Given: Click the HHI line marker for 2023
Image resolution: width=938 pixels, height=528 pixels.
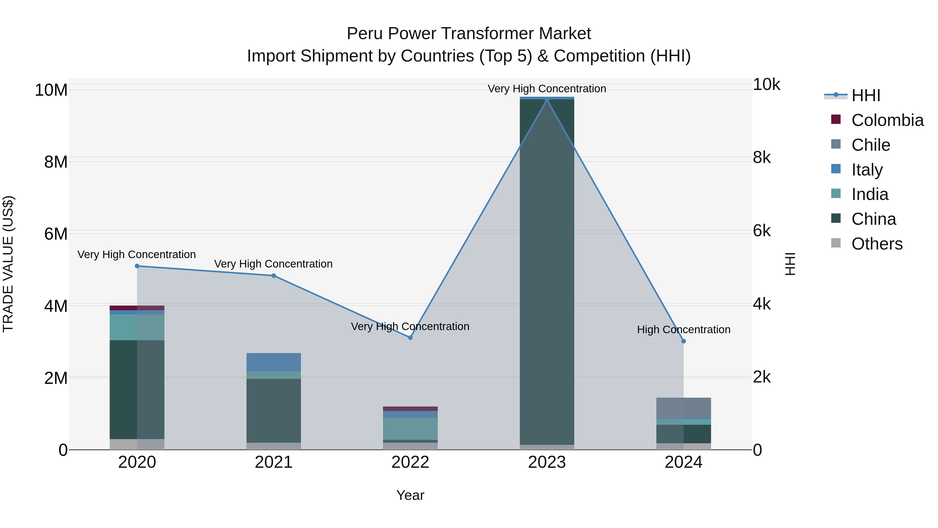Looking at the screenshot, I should [547, 100].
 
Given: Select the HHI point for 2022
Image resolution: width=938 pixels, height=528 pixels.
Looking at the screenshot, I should [410, 338].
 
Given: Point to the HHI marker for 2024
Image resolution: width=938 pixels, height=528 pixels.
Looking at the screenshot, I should [683, 341].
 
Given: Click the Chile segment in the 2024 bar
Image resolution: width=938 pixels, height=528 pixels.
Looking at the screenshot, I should [683, 408].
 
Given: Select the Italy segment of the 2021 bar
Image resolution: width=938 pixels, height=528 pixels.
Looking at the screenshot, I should [274, 362].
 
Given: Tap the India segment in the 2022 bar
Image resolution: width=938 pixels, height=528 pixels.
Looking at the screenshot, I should [410, 429].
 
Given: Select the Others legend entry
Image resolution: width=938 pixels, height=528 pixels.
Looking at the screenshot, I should [877, 244].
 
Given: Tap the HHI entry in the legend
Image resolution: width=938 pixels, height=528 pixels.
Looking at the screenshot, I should [866, 95].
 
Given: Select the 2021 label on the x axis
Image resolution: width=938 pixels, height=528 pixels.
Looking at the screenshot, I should [274, 462].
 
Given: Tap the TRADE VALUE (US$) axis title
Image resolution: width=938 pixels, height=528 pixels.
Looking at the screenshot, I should [8, 264].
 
